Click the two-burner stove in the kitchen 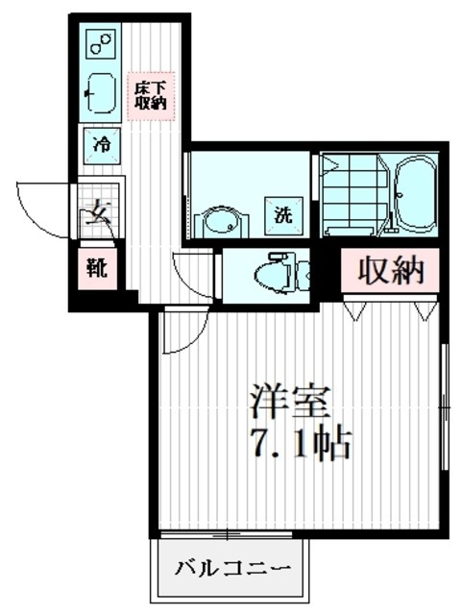[100, 43]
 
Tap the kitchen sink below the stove [100, 92]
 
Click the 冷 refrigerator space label [101, 144]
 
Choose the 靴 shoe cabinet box [99, 268]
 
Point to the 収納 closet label [391, 271]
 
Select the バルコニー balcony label [231, 570]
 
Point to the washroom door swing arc [189, 272]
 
